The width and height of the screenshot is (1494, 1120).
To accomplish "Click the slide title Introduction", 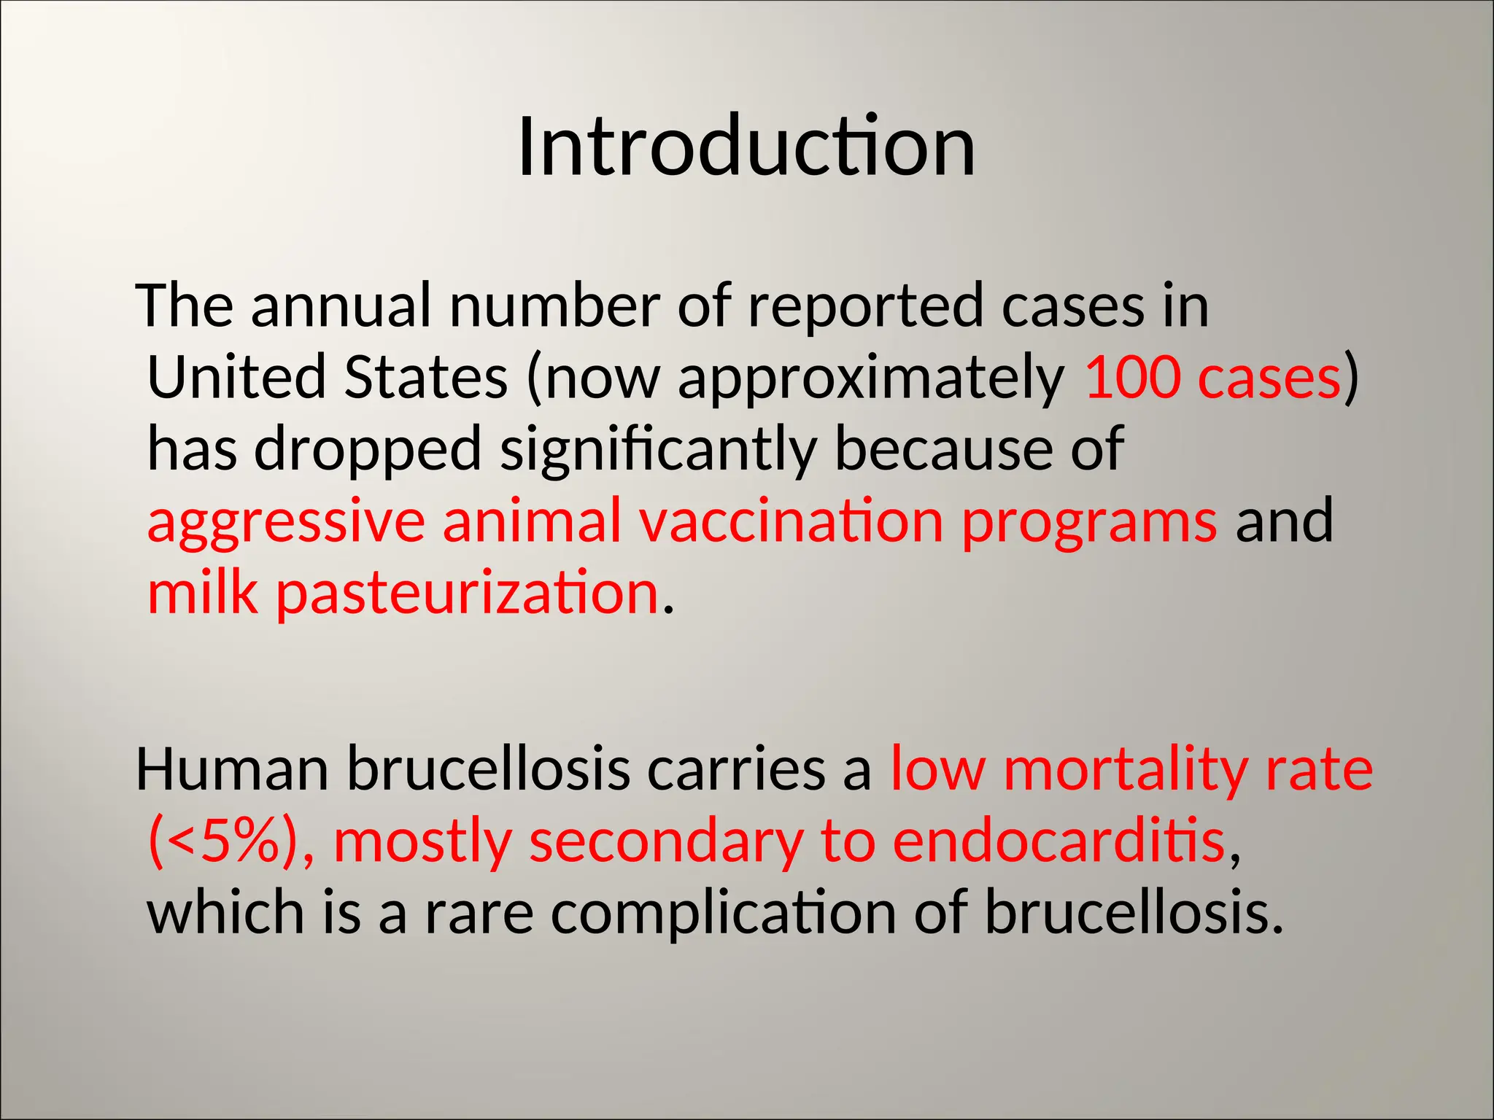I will pyautogui.click(x=746, y=147).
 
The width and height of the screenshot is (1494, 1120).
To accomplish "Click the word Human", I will pyautogui.click(x=232, y=769).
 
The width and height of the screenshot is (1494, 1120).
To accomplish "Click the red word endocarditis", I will pyautogui.click(x=1058, y=841).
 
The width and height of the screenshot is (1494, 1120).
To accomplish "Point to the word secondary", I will pyautogui.click(x=665, y=841).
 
